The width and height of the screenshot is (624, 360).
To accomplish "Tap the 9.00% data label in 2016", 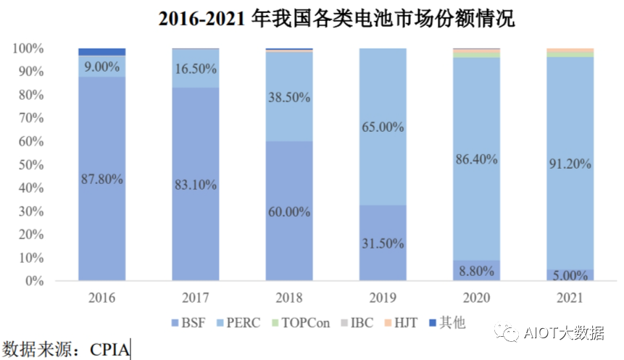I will tap(101, 66).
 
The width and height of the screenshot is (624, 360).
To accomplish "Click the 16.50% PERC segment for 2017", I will tap(196, 68).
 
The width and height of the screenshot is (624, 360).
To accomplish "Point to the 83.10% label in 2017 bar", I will tap(196, 185).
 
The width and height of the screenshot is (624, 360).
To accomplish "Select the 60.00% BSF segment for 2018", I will tap(289, 212).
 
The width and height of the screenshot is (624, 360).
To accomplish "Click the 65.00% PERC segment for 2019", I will tap(383, 127).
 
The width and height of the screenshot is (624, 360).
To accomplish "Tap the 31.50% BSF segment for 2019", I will tap(383, 243).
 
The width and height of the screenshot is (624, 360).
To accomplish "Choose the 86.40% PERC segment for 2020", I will tap(476, 159).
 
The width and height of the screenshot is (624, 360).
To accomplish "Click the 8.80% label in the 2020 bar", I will tap(476, 271).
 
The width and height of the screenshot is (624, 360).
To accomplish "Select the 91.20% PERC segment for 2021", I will tap(570, 164).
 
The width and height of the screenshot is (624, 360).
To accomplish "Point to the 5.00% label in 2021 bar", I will tap(570, 275).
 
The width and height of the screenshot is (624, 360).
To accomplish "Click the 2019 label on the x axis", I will tap(383, 298).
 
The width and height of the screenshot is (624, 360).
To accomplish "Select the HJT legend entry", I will tap(400, 322).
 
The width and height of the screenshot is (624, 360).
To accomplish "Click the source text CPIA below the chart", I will tap(110, 350).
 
